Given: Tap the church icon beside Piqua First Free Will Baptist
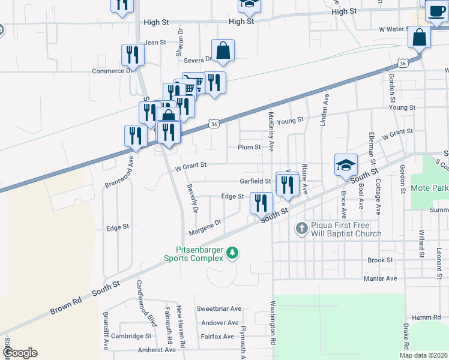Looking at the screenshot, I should click(x=302, y=228).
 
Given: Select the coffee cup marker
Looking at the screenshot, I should click(x=435, y=10).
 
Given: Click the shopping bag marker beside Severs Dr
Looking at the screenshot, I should click(x=223, y=52).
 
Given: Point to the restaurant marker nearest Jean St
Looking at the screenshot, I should click(x=132, y=55).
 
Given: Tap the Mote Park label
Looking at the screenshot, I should click(x=429, y=188).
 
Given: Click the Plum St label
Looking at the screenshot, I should click(x=249, y=147).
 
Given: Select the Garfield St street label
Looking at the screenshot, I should click(x=256, y=181).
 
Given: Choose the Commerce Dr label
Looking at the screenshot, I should click(x=111, y=71).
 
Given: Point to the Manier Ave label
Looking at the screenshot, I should click(x=381, y=278).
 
